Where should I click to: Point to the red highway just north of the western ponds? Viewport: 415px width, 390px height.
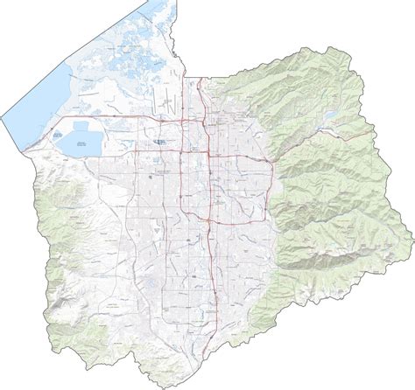pos(88,117)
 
